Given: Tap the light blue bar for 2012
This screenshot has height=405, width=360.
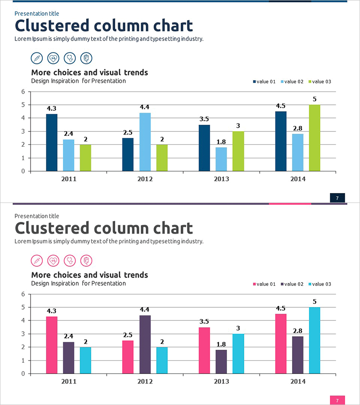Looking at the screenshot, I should pyautogui.click(x=145, y=142).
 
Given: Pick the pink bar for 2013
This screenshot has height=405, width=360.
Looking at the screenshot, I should pyautogui.click(x=204, y=351).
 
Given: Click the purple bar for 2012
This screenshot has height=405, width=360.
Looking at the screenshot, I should pyautogui.click(x=145, y=344).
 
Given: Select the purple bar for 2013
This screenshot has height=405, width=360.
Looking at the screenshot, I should pyautogui.click(x=221, y=362).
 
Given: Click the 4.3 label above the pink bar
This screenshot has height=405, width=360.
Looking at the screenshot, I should pyautogui.click(x=52, y=311).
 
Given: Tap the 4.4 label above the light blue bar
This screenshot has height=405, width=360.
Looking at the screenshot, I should pyautogui.click(x=145, y=107).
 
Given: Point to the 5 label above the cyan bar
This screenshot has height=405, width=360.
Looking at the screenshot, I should pyautogui.click(x=315, y=301).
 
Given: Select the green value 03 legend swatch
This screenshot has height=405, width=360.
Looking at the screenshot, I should pyautogui.click(x=310, y=82).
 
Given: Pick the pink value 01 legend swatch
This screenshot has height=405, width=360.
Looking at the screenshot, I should pyautogui.click(x=254, y=284).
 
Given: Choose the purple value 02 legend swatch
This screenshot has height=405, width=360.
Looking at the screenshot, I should pyautogui.click(x=282, y=284).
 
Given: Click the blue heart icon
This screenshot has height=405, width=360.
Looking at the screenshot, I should pyautogui.click(x=53, y=58).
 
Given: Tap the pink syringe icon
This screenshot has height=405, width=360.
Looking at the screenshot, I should pyautogui.click(x=36, y=261).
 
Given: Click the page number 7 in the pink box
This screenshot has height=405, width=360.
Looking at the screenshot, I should pyautogui.click(x=337, y=400).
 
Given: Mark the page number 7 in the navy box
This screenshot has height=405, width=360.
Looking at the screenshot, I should pyautogui.click(x=337, y=198).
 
